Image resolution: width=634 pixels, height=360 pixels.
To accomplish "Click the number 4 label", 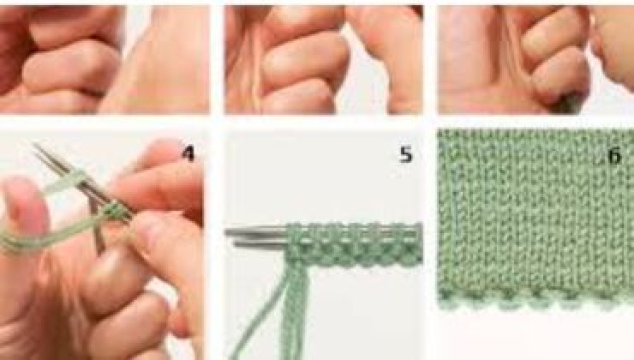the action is [x=189, y=153].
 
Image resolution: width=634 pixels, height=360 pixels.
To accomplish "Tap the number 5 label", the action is [x=406, y=155].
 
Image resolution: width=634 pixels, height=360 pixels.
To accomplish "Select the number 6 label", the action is [x=614, y=155].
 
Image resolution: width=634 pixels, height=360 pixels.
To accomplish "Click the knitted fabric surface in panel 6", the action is [x=536, y=214].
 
